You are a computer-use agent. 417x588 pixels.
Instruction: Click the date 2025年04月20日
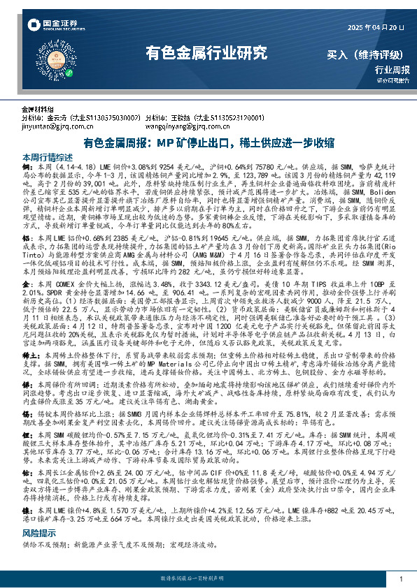click(376, 28)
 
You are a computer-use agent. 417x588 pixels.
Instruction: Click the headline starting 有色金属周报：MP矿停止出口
click(208, 142)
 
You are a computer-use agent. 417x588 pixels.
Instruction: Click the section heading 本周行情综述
click(48, 158)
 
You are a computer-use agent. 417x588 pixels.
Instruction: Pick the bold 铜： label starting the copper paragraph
click(28, 168)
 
